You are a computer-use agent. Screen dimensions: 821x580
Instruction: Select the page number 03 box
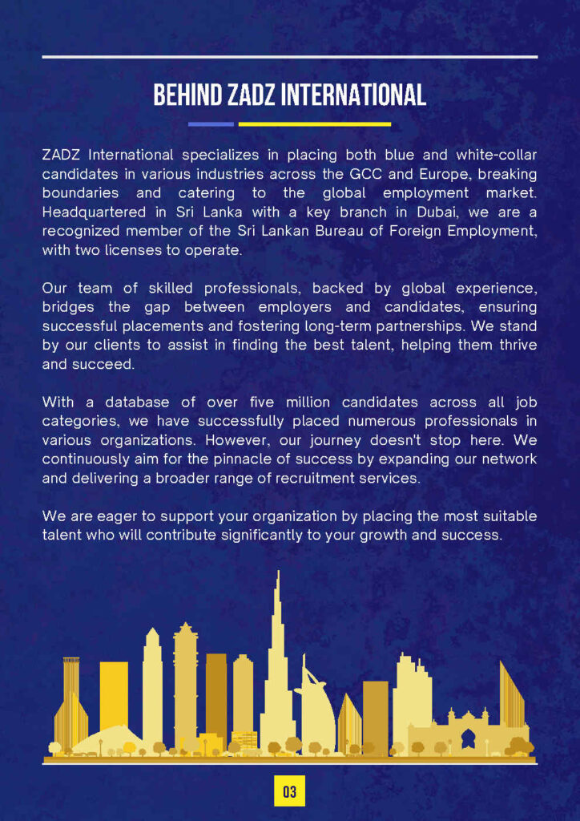(289, 792)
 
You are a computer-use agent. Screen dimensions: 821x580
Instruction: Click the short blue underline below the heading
(211, 124)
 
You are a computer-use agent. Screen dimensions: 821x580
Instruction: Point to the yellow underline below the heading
(314, 124)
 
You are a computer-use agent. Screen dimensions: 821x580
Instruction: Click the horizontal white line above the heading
(289, 57)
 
